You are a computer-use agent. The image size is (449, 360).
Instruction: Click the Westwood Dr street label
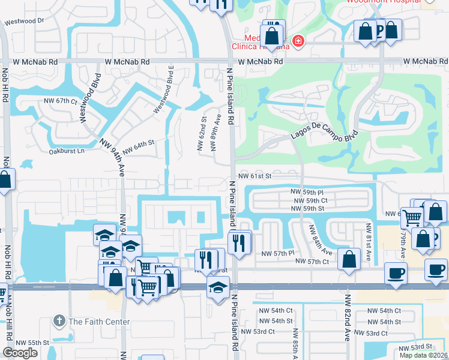[x=25, y=21]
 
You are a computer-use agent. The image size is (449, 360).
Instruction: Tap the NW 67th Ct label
[x=61, y=101]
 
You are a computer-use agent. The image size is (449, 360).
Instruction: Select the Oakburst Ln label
[x=67, y=151]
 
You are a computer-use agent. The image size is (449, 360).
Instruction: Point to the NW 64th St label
[x=139, y=146]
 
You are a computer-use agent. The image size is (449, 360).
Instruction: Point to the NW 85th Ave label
[x=295, y=342]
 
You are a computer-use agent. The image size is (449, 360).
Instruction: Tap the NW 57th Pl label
[x=277, y=254]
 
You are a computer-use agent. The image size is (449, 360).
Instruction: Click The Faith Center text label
[x=99, y=322]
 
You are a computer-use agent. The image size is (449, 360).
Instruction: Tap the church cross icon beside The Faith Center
[x=59, y=321]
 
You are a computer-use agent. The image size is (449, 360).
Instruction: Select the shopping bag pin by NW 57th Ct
[x=349, y=259]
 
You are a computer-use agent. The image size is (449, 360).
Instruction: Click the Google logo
[x=20, y=353]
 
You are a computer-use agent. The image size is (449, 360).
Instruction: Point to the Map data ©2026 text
[x=424, y=355]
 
